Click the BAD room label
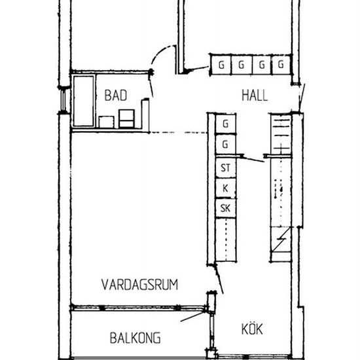[x=116, y=96]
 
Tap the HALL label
[x=255, y=96]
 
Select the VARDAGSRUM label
[x=139, y=285]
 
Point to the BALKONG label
[x=135, y=338]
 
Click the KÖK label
[x=252, y=329]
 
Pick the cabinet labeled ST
[x=226, y=168]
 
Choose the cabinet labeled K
[x=226, y=189]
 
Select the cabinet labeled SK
[x=226, y=208]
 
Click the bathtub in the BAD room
[x=84, y=101]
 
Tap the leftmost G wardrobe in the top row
[x=221, y=65]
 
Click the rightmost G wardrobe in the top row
[x=281, y=65]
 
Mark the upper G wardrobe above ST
[x=226, y=124]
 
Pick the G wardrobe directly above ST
[x=226, y=144]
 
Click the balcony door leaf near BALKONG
[x=192, y=316]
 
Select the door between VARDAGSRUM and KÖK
[x=219, y=279]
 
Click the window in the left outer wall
[x=63, y=100]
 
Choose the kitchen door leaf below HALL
[x=253, y=159]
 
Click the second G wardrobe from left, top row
[x=242, y=65]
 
